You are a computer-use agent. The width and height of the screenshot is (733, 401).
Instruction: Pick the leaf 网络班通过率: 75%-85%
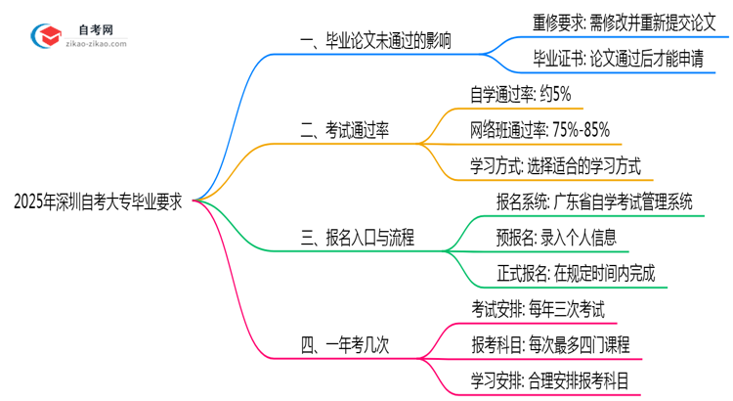click(541, 129)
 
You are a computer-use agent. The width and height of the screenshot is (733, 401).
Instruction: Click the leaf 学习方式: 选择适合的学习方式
click(555, 163)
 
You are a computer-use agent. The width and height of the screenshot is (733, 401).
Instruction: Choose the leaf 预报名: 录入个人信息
click(556, 237)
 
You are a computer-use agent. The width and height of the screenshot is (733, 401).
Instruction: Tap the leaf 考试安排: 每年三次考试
click(538, 309)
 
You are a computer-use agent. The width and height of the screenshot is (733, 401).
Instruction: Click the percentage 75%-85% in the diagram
click(585, 129)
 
